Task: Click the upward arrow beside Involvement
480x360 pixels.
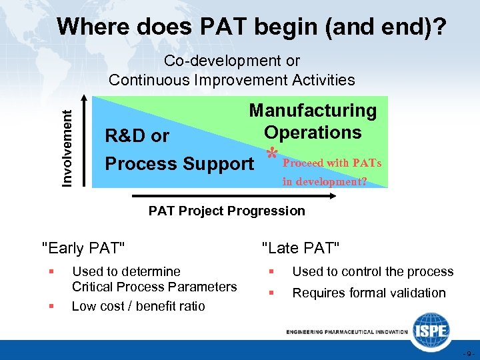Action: [85, 143]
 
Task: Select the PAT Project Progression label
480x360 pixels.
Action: [227, 211]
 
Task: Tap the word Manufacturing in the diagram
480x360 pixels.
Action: [313, 111]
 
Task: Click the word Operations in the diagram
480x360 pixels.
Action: [313, 132]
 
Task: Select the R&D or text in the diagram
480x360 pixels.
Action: [137, 136]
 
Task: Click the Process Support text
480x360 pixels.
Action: [179, 164]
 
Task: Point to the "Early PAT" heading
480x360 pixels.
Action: [83, 249]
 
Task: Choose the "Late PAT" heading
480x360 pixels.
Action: [301, 249]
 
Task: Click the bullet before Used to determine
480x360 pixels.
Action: [50, 271]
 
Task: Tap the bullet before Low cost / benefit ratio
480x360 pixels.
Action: [50, 306]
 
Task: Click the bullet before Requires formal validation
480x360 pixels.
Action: [271, 293]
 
